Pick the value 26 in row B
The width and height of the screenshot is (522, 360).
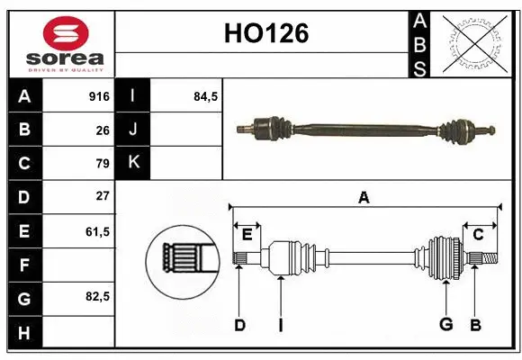[x=102, y=130]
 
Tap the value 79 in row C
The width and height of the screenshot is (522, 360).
[x=102, y=163]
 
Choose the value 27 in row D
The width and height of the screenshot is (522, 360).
[x=102, y=196]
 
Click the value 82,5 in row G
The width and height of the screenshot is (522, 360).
[x=97, y=296]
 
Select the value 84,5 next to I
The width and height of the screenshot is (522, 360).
[x=206, y=95]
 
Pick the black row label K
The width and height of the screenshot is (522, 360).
[x=133, y=163]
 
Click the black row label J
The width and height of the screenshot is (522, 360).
[x=133, y=130]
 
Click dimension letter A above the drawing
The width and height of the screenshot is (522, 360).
[x=364, y=197]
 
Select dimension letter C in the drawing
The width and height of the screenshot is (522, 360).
[x=478, y=234]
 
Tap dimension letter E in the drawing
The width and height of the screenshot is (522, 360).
[x=247, y=234]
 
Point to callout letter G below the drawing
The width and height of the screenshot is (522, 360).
[x=445, y=325]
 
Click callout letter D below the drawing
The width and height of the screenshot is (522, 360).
[x=239, y=325]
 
